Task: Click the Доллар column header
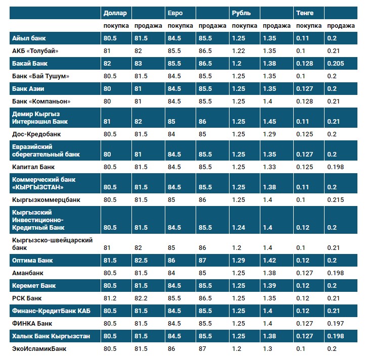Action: pos(115,13)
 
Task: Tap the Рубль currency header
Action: pos(240,13)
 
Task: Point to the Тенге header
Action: pos(305,13)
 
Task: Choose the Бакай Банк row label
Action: pos(30,63)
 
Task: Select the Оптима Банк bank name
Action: pos(32,261)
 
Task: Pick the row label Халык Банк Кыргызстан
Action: pos(51,336)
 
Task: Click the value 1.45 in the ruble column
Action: pos(270,122)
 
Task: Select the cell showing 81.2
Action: pos(110,298)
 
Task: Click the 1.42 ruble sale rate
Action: pos(270,261)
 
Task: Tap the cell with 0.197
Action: pos(335,323)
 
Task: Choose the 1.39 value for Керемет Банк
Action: pos(270,286)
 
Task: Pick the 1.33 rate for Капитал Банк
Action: pos(270,167)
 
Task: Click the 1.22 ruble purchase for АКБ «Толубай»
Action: pos(238,51)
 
